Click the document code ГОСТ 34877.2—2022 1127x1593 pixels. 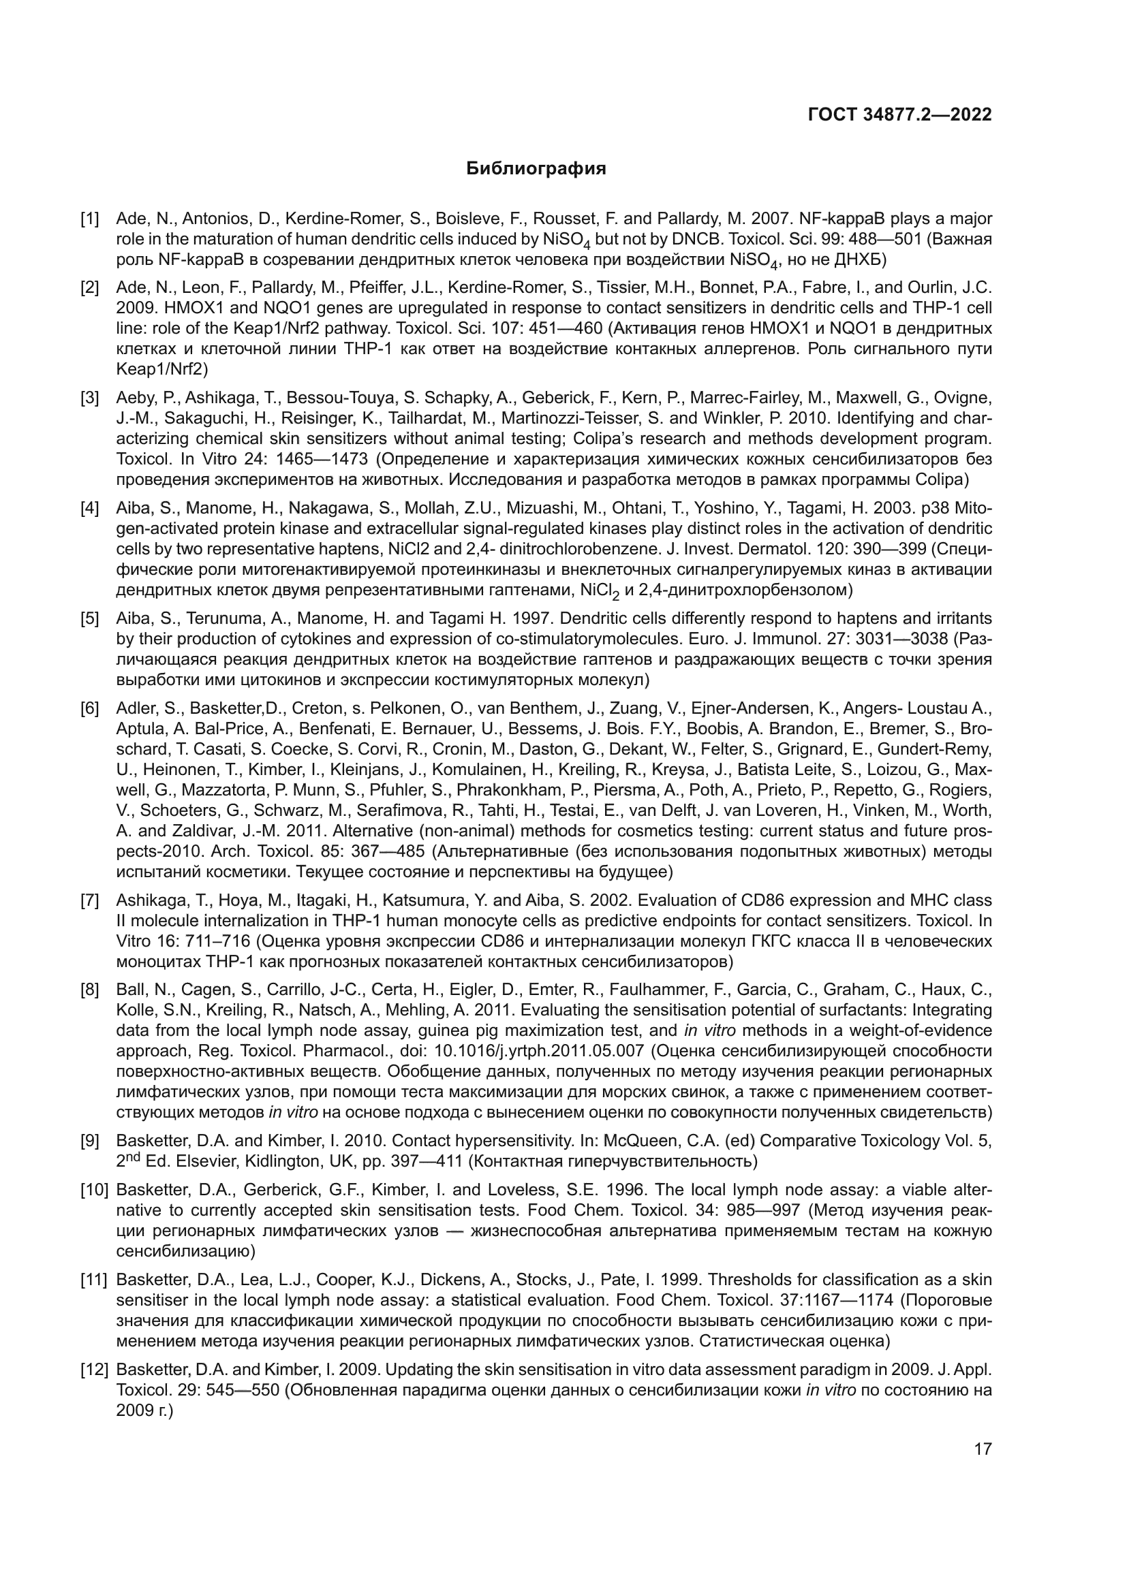[899, 114]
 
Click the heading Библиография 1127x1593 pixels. [536, 169]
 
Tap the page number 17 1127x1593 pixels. [983, 1449]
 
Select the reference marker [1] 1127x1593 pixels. [90, 219]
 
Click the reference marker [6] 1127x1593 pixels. [90, 708]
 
